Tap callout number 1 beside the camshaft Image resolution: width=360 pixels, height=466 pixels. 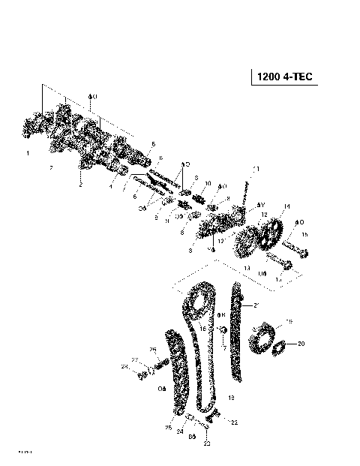[28, 153]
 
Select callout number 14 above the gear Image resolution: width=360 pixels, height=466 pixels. [286, 206]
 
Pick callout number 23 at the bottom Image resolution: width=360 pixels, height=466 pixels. [207, 443]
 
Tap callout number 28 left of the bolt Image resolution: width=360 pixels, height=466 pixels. [125, 366]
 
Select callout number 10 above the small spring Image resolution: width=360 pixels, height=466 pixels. [208, 183]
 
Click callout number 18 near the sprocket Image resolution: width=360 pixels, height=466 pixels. [290, 320]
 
